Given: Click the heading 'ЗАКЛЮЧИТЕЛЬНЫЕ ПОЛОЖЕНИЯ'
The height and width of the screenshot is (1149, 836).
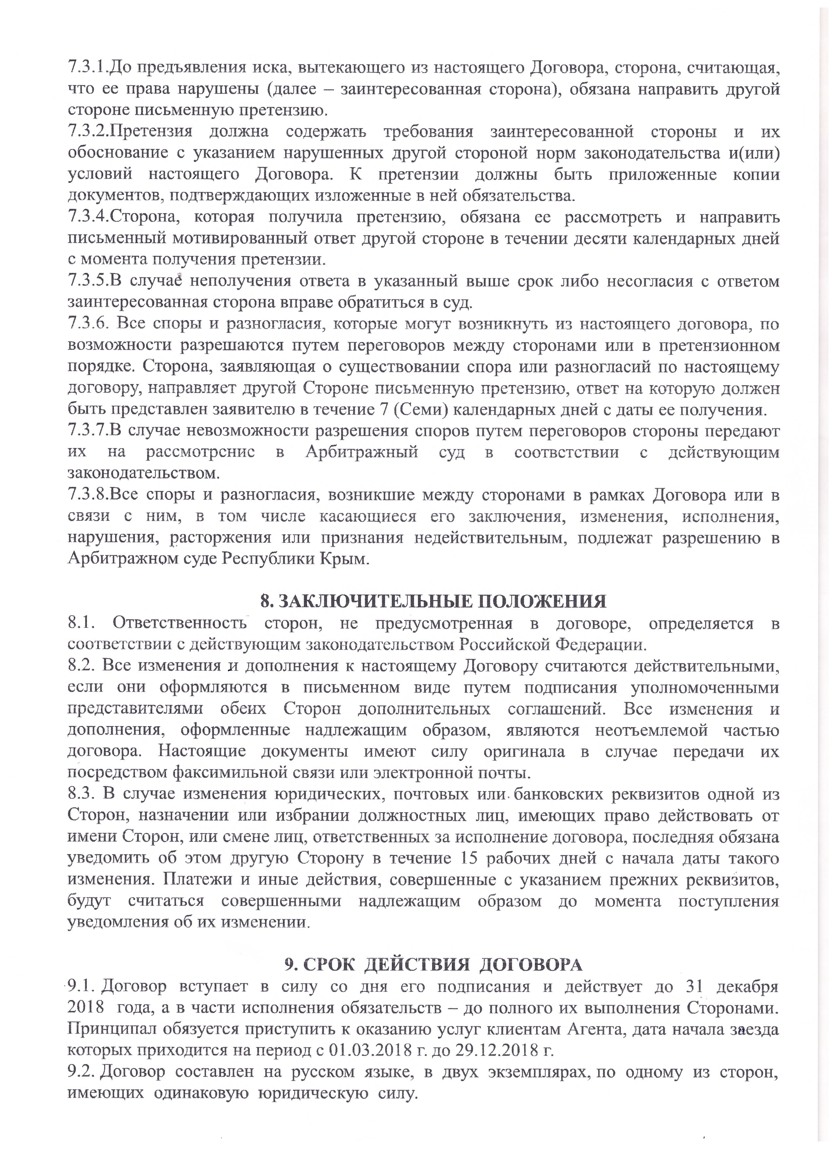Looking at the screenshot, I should click(x=433, y=601).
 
